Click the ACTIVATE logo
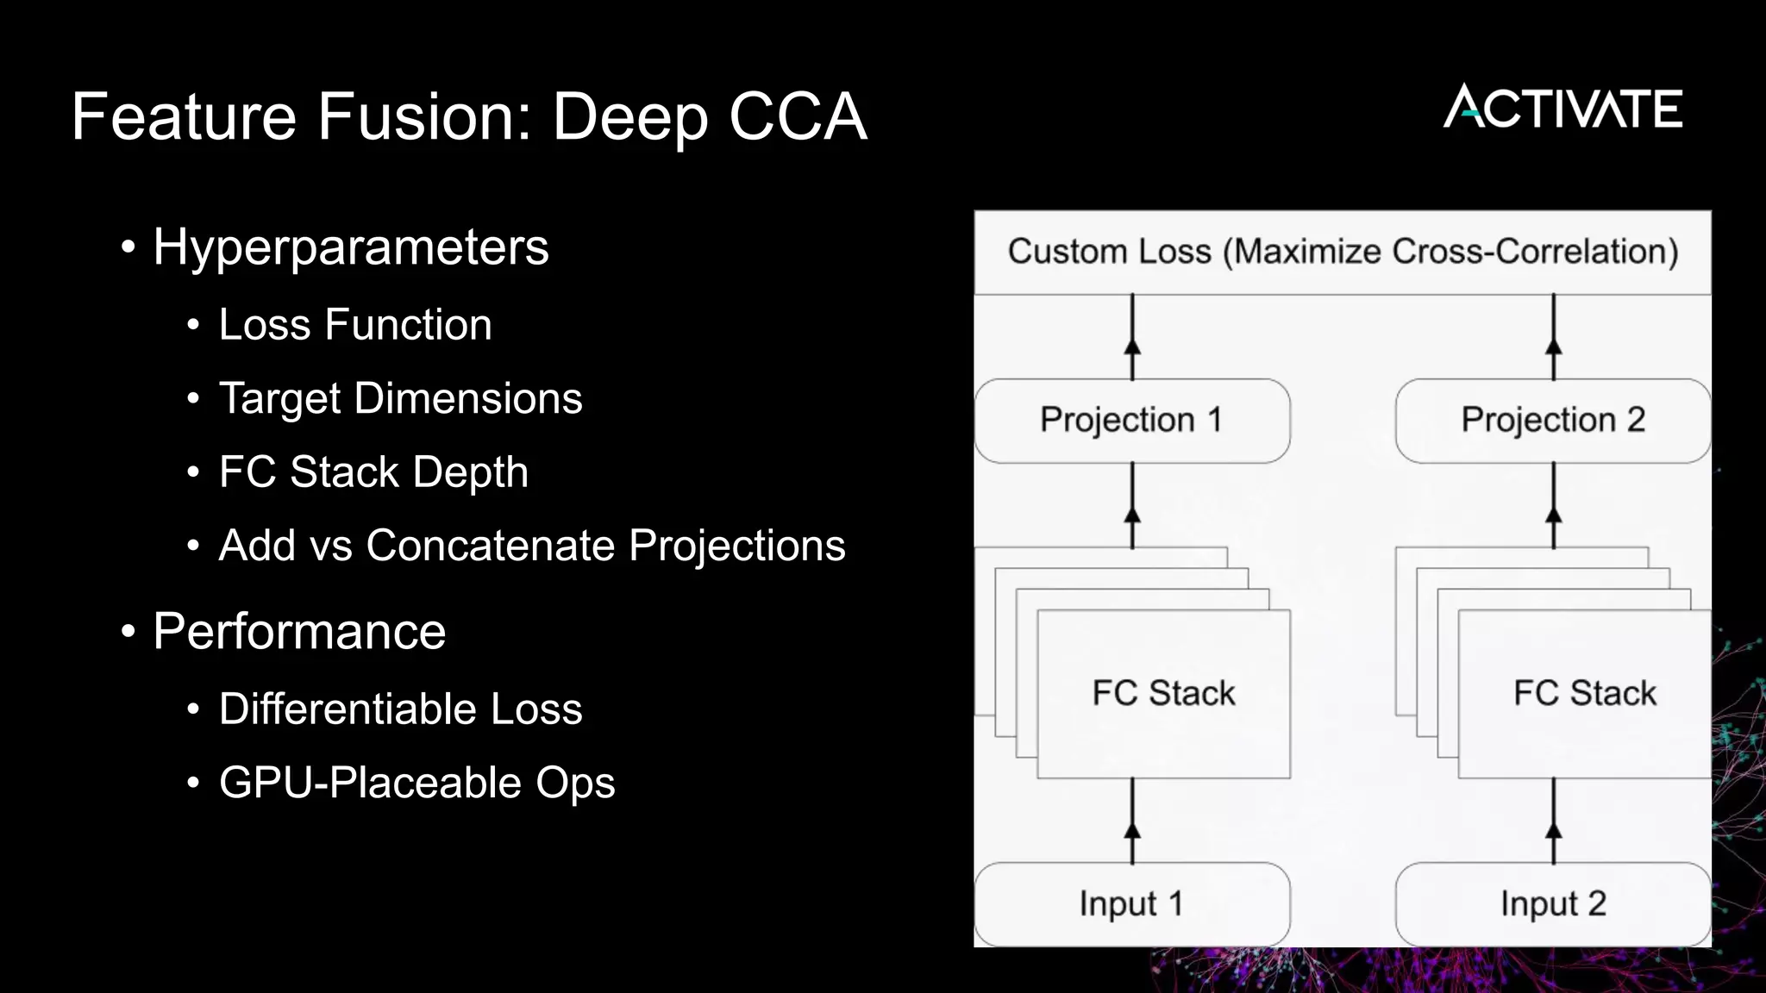(x=1562, y=108)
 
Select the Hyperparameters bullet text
(x=350, y=247)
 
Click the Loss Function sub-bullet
(x=355, y=325)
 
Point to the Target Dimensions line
(x=400, y=398)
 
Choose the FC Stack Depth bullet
(x=373, y=472)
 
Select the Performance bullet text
(x=299, y=631)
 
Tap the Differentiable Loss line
(x=400, y=709)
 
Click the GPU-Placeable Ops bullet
(x=416, y=783)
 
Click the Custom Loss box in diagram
(x=1343, y=252)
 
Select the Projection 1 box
(x=1131, y=420)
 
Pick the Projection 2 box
(x=1552, y=420)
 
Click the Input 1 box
(x=1131, y=903)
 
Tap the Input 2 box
(x=1552, y=903)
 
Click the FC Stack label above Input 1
(x=1163, y=693)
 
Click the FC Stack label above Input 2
(x=1584, y=693)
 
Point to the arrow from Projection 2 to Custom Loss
(x=1553, y=337)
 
